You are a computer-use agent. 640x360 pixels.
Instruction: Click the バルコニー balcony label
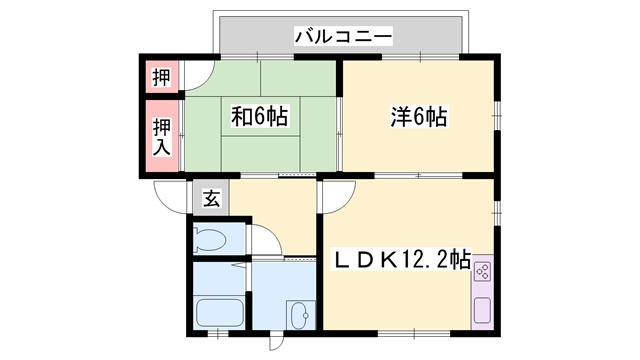[x=343, y=37]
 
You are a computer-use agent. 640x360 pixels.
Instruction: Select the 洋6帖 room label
[x=418, y=117]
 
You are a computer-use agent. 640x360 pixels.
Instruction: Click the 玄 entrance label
[x=212, y=198]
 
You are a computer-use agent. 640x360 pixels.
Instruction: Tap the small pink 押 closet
[x=161, y=76]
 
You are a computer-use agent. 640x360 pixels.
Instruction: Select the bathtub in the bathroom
[x=218, y=312]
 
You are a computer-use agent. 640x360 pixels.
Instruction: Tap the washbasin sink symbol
[x=299, y=315]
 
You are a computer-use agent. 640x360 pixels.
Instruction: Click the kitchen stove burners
[x=482, y=272]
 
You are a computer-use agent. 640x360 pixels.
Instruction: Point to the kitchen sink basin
[x=482, y=310]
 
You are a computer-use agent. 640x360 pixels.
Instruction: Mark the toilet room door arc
[x=263, y=241]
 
